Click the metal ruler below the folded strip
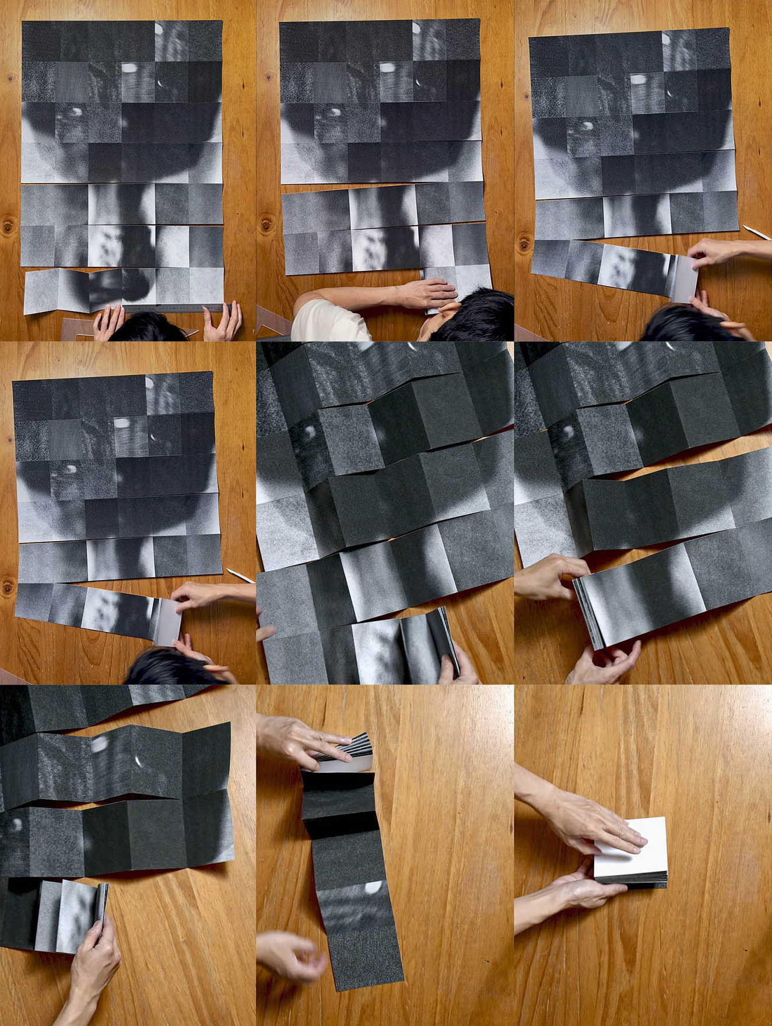click(169, 308)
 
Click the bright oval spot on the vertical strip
click(371, 888)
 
